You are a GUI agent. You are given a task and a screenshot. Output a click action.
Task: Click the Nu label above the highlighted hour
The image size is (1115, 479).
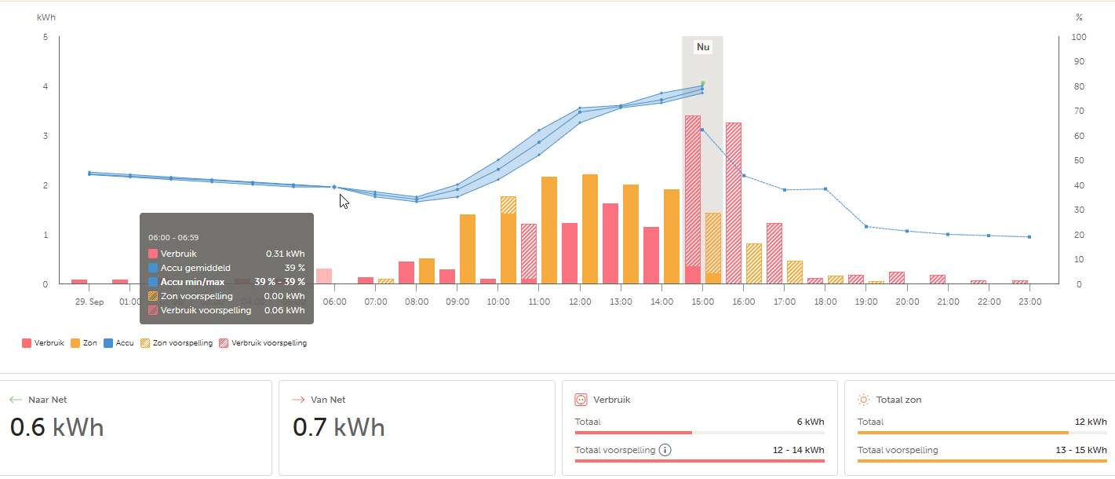click(x=702, y=47)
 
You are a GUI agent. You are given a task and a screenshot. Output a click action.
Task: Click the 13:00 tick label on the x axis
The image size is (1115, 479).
click(x=621, y=302)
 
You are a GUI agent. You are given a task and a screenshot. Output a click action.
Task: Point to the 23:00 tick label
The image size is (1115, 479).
click(x=1029, y=302)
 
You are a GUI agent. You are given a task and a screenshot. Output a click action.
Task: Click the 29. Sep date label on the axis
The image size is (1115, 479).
click(x=89, y=302)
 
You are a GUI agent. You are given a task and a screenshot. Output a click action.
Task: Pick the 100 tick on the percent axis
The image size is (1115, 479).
click(x=1079, y=37)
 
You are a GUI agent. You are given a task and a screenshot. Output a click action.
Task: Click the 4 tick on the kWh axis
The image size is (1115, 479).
click(x=46, y=86)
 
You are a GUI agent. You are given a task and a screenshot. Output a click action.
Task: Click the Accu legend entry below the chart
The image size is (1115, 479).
click(x=119, y=343)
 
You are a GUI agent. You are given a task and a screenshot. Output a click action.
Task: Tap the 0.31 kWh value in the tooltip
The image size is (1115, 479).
click(x=285, y=254)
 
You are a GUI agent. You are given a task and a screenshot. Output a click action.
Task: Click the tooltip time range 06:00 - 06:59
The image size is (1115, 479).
click(x=174, y=236)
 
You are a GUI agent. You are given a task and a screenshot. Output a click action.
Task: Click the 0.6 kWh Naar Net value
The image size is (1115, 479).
click(x=56, y=427)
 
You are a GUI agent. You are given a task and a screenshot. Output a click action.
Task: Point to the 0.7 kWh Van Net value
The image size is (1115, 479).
click(x=339, y=427)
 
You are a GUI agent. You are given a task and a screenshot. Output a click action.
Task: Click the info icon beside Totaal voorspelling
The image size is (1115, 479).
click(x=665, y=450)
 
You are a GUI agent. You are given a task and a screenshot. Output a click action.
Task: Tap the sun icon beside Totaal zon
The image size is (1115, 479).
click(x=864, y=400)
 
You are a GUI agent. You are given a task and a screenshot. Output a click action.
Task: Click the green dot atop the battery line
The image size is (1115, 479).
click(x=703, y=83)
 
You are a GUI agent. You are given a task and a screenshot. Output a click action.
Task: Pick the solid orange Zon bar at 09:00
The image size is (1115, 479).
click(x=468, y=248)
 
